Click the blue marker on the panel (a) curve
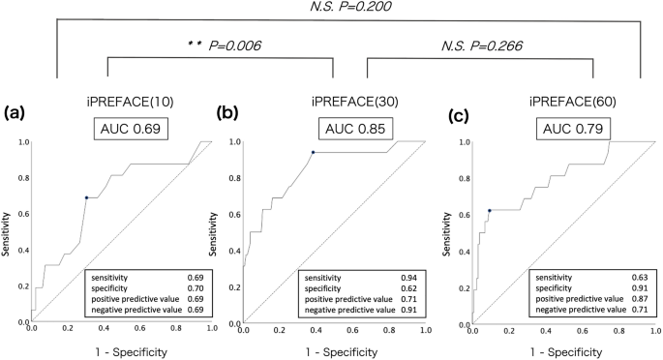86,197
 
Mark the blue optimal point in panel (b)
313,152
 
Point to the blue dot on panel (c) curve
490,210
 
